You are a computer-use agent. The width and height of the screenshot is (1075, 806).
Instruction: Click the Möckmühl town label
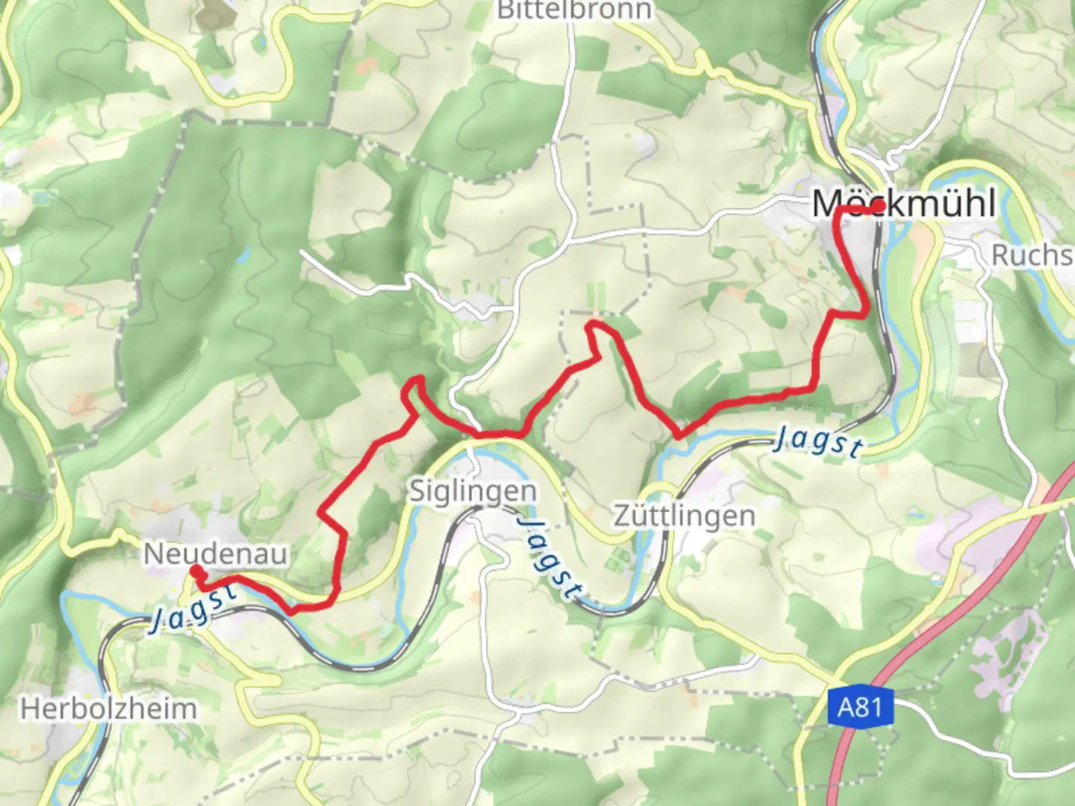(903, 203)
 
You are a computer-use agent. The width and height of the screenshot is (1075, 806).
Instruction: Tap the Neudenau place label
(215, 554)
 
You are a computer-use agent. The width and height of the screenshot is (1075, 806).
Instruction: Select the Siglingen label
(473, 491)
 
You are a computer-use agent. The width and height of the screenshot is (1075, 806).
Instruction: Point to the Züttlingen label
(684, 516)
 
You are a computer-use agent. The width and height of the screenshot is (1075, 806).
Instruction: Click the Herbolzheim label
(109, 708)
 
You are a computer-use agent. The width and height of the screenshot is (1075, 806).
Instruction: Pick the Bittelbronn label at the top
(574, 10)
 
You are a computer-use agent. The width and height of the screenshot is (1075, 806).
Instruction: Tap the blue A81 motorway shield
(860, 705)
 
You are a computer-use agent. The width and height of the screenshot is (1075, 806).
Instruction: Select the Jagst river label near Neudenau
(193, 607)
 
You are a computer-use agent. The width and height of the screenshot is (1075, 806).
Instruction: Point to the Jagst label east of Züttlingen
(818, 441)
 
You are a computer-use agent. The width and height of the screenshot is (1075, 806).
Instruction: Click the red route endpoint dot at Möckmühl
(880, 206)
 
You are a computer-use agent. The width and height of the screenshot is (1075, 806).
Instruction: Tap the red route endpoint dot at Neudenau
(195, 571)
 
